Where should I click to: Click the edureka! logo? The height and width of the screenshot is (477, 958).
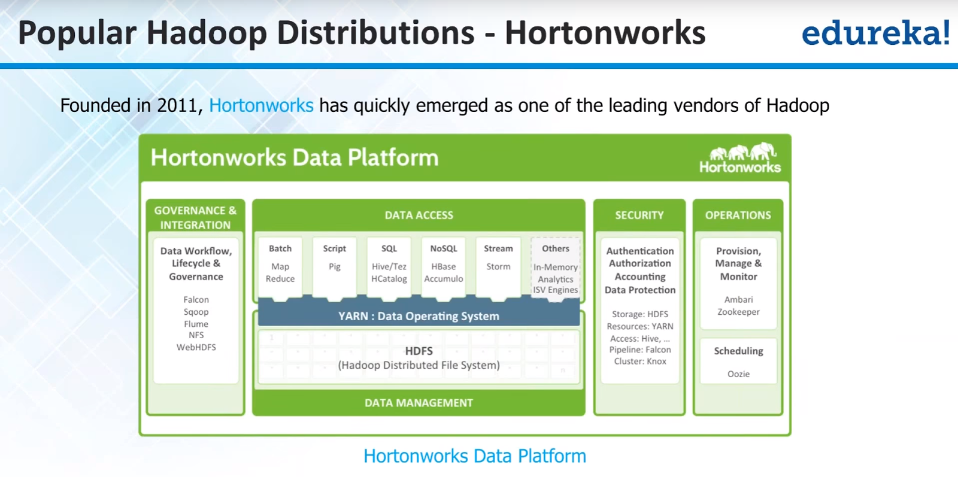pos(875,33)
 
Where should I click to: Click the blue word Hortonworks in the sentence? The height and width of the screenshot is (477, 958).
pos(261,105)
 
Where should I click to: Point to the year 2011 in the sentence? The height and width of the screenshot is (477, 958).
pos(177,105)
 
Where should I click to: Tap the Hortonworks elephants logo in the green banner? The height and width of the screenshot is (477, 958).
pos(740,158)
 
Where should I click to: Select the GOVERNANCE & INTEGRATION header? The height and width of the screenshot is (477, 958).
pos(195,217)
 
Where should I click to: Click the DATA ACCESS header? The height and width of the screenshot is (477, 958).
pos(419,215)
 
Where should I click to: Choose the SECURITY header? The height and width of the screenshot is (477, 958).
pos(639,215)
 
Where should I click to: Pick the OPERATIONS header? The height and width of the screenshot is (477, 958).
pos(738,215)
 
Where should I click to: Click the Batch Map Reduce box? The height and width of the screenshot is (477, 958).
pos(280,265)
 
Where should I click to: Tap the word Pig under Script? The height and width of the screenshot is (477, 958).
pos(335,266)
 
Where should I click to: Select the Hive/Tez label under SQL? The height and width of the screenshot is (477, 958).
pos(389,266)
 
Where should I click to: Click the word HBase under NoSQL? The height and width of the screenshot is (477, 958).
pos(443,266)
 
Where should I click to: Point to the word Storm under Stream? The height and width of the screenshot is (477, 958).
pos(498,266)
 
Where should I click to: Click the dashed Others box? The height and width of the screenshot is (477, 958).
pos(556,268)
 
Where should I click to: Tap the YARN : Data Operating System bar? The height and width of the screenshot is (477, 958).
pos(419,316)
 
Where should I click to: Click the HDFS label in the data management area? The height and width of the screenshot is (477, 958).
pos(419,351)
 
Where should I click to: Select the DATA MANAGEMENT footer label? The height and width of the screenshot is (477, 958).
pos(419,403)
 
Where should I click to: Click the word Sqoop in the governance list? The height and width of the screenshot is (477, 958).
pos(196,312)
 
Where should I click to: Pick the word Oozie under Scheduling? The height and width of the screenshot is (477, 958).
pos(738,374)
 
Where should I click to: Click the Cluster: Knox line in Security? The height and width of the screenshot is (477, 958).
pos(639,361)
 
